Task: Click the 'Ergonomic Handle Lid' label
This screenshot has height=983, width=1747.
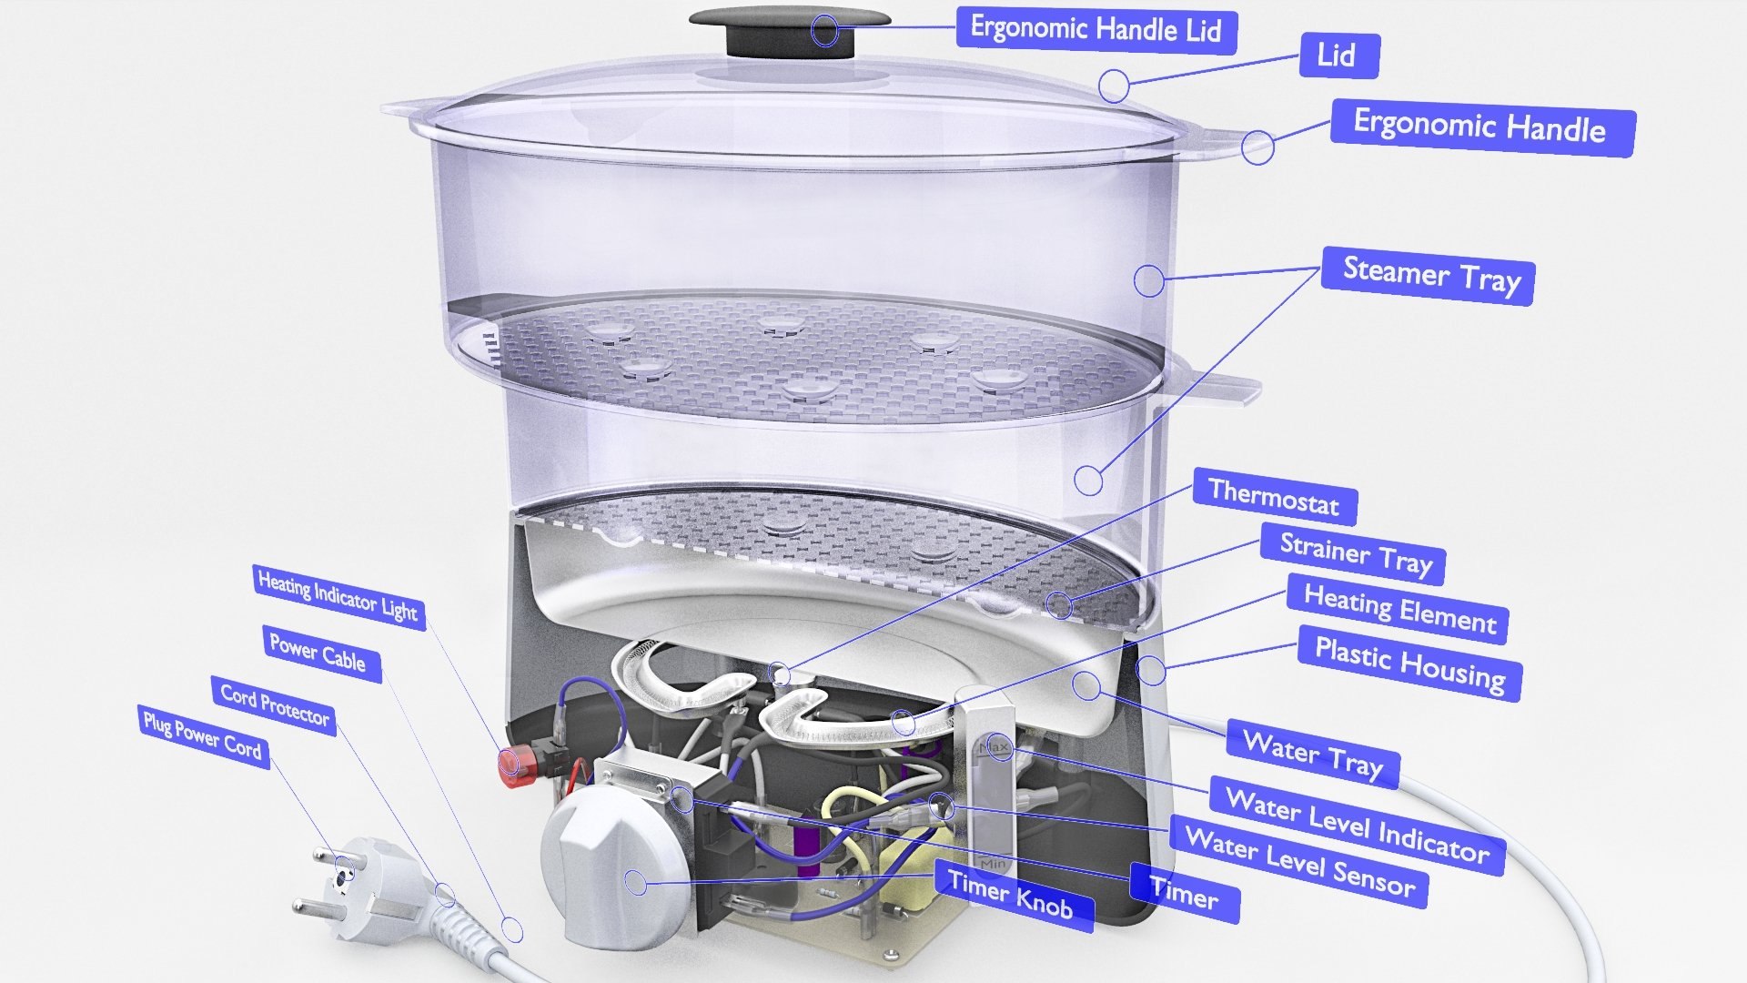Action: pyautogui.click(x=1096, y=29)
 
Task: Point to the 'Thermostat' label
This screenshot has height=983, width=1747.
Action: pyautogui.click(x=1273, y=498)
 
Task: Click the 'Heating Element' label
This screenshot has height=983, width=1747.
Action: pyautogui.click(x=1399, y=609)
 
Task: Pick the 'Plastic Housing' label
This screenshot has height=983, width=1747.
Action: pyautogui.click(x=1409, y=663)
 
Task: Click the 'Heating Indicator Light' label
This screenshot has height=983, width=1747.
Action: pyautogui.click(x=337, y=596)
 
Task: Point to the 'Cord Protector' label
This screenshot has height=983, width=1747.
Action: pyautogui.click(x=274, y=705)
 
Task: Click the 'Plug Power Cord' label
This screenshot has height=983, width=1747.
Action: pyautogui.click(x=202, y=735)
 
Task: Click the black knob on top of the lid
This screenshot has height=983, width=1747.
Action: pyautogui.click(x=788, y=29)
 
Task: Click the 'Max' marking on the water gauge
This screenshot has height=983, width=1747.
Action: pyautogui.click(x=994, y=748)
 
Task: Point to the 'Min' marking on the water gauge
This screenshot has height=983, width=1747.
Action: pyautogui.click(x=992, y=863)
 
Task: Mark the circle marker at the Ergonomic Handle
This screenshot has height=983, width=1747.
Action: pyautogui.click(x=1257, y=147)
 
